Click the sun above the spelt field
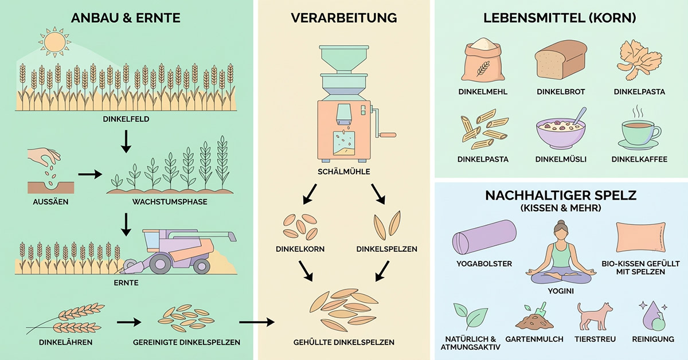[x=54, y=42]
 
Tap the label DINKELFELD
[x=126, y=119]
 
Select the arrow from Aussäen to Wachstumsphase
[x=90, y=174]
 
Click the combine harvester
[x=178, y=251]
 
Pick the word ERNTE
[x=126, y=283]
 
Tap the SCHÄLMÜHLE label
[x=343, y=172]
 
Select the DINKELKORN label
[x=300, y=249]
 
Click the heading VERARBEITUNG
[x=343, y=18]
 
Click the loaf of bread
[x=561, y=60]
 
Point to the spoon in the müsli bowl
[x=578, y=116]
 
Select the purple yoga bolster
[x=484, y=237]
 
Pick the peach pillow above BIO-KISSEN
[x=641, y=237]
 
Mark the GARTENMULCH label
[x=534, y=339]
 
